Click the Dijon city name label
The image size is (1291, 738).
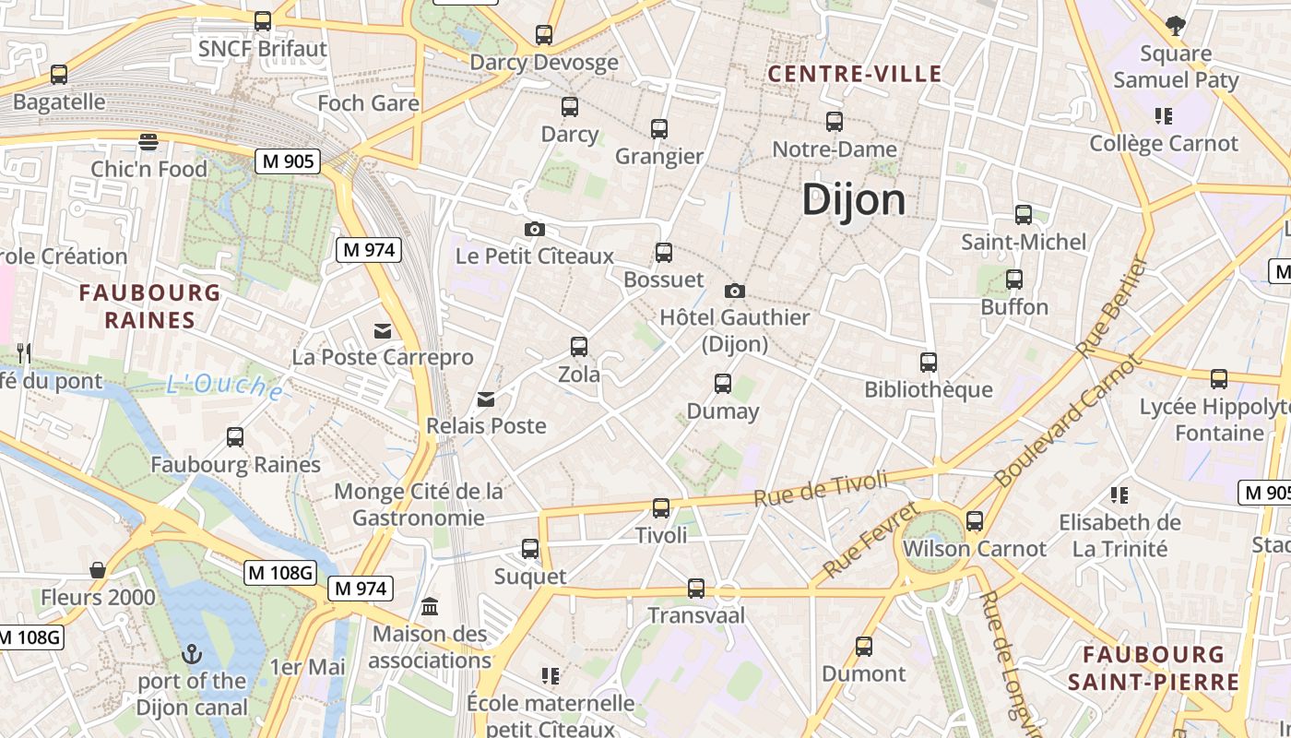click(854, 199)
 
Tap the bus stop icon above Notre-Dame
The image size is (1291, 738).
click(835, 121)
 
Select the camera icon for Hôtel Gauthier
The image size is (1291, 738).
click(735, 291)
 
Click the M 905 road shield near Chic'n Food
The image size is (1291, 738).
click(288, 161)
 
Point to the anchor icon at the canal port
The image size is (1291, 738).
click(192, 654)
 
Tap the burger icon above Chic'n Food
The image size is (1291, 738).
click(148, 141)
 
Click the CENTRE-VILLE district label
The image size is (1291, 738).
click(855, 74)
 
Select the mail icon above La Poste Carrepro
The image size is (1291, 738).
click(383, 330)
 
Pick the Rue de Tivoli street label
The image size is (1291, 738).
click(820, 488)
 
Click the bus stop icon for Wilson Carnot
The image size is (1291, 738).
click(975, 521)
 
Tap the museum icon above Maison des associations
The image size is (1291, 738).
click(430, 607)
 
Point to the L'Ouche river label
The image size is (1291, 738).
click(225, 386)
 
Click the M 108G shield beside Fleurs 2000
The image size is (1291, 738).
click(280, 573)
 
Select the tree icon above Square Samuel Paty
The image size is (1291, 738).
click(1175, 25)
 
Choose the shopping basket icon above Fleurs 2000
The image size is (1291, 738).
click(98, 570)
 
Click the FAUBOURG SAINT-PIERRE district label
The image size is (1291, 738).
click(1154, 669)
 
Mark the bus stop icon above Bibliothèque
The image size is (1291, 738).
click(929, 363)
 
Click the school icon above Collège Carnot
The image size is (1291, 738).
click(1163, 116)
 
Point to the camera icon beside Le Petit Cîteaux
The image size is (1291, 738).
click(534, 229)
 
